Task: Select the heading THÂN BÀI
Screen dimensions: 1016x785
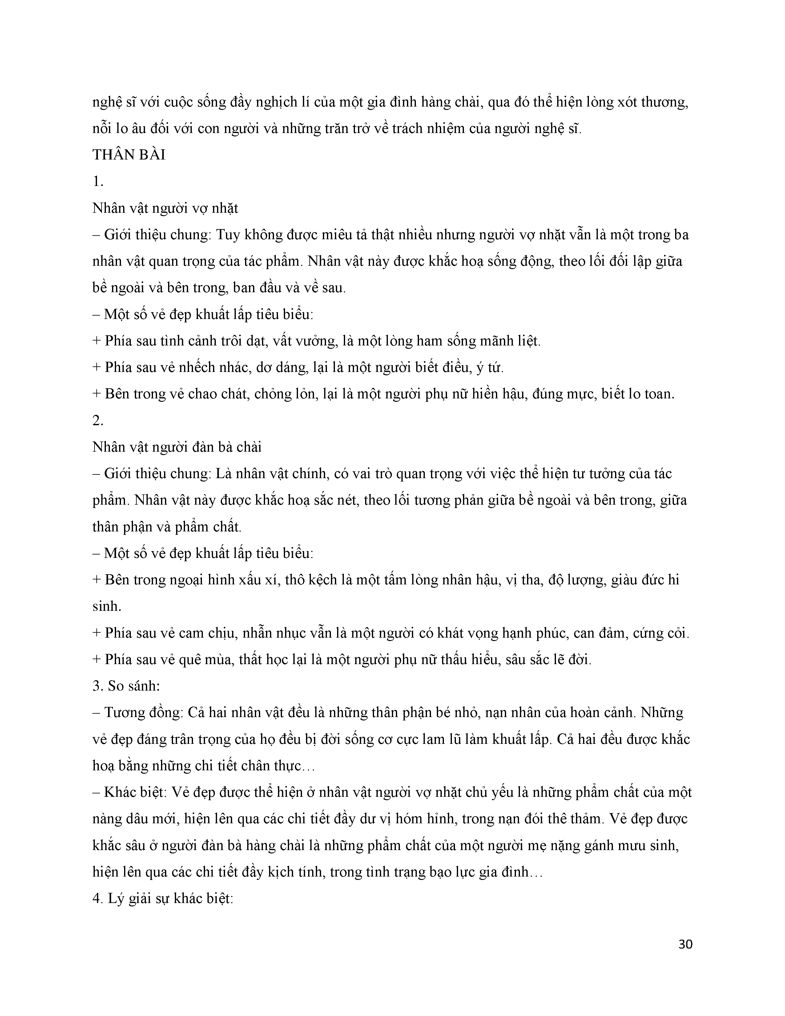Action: [129, 155]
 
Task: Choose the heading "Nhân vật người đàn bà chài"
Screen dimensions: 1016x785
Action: [177, 447]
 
